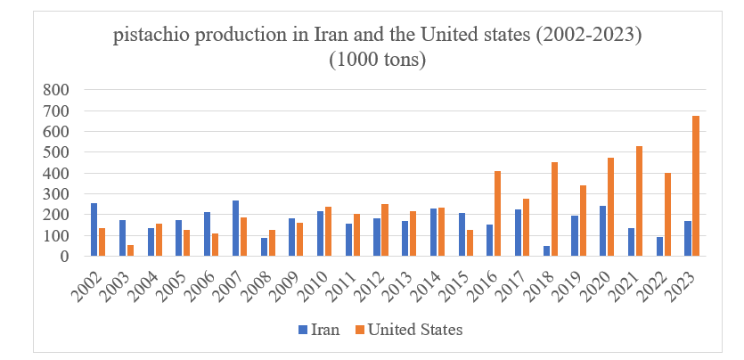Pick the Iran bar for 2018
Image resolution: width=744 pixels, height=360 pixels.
click(546, 251)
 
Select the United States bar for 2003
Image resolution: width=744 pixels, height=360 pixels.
click(130, 250)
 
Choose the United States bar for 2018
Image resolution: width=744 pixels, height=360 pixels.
click(554, 209)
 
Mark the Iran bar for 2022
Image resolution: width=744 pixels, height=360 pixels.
click(659, 247)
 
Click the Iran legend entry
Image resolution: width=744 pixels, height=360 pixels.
click(318, 330)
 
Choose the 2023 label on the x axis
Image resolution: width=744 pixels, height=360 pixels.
click(687, 283)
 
